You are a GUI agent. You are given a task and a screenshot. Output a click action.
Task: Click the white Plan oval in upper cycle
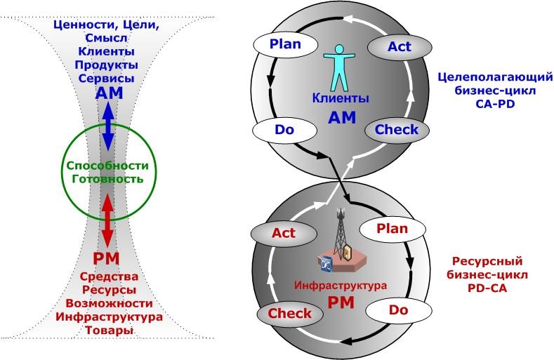pos(285,45)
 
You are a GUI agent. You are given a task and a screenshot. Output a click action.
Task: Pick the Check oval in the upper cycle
pos(397,130)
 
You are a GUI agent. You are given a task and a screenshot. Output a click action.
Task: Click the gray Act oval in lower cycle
pos(283,232)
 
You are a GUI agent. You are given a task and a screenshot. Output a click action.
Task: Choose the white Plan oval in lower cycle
pos(392,229)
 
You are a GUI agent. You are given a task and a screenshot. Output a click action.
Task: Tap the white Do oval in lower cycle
pos(398,309)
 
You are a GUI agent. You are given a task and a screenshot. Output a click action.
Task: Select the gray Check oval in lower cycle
pos(290,314)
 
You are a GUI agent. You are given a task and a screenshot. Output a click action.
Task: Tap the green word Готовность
pos(106,179)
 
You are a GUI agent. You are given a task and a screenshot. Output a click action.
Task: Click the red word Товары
pos(106,331)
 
